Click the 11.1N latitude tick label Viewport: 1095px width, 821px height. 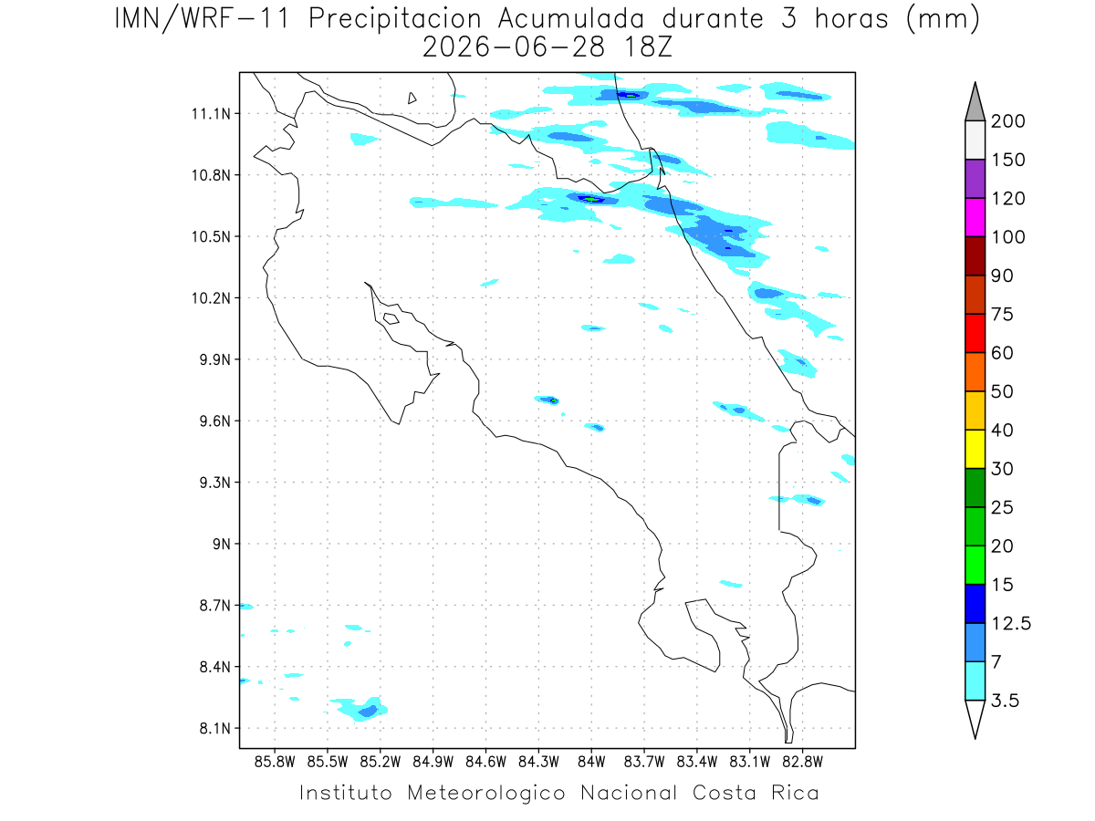coord(211,114)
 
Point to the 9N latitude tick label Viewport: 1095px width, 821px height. coord(222,544)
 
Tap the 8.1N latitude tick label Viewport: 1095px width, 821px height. coord(215,728)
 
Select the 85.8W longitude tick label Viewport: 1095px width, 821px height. coord(275,762)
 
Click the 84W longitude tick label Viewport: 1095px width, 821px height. coord(591,762)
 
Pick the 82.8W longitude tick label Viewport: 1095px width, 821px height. coord(802,762)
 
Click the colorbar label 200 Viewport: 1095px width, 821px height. coord(1007,121)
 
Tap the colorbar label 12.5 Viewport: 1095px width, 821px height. coord(1011,623)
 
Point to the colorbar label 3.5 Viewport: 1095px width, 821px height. coord(1005,701)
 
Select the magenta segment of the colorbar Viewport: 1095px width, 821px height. coord(975,217)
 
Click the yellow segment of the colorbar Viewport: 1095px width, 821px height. coord(975,449)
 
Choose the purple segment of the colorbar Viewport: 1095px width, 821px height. coord(975,179)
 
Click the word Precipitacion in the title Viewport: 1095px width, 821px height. coord(394,19)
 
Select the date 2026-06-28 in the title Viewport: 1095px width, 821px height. coord(514,47)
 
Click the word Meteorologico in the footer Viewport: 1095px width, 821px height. coord(485,793)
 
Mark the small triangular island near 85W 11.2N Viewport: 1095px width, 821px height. coord(412,98)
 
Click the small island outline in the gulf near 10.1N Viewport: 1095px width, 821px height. coord(391,318)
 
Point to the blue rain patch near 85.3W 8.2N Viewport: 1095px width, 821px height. coord(368,711)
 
